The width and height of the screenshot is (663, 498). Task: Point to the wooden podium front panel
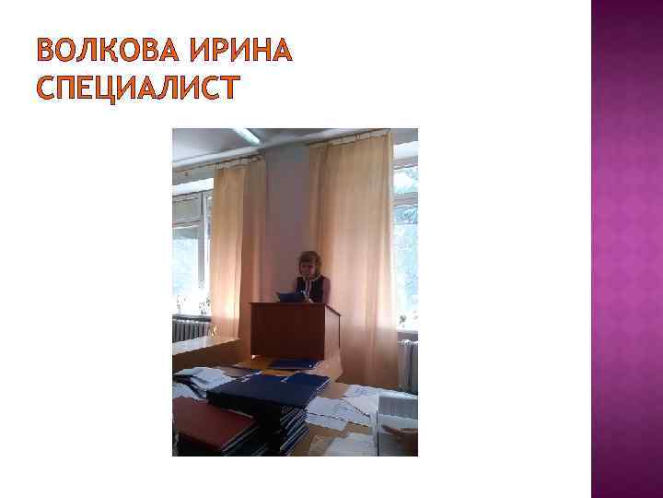(286, 331)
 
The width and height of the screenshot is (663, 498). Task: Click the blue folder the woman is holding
(290, 296)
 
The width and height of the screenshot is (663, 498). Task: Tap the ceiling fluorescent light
(244, 135)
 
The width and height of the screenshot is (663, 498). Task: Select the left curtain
(238, 249)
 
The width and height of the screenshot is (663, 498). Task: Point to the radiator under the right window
(407, 360)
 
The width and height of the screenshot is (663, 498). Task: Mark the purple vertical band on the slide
(626, 249)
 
